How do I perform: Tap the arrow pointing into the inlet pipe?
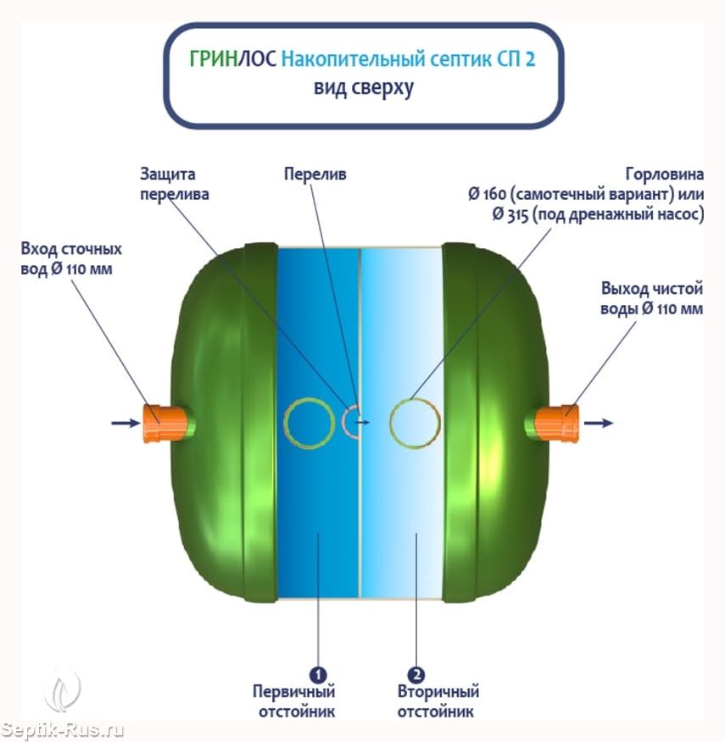126,423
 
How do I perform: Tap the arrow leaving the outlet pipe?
599,423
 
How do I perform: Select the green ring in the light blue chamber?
392,423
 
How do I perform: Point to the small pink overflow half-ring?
343,421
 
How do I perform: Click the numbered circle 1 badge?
318,674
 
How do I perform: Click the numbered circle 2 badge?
416,674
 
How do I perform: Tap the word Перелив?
315,174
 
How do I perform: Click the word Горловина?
664,174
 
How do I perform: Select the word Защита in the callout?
167,174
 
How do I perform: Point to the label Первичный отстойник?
293,701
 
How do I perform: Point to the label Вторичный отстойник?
438,701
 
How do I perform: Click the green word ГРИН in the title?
213,59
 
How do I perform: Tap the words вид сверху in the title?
364,88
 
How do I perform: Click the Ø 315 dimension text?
510,214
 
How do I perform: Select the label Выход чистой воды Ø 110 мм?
651,299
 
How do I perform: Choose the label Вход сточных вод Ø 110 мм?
71,259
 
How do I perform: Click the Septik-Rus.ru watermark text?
62,729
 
